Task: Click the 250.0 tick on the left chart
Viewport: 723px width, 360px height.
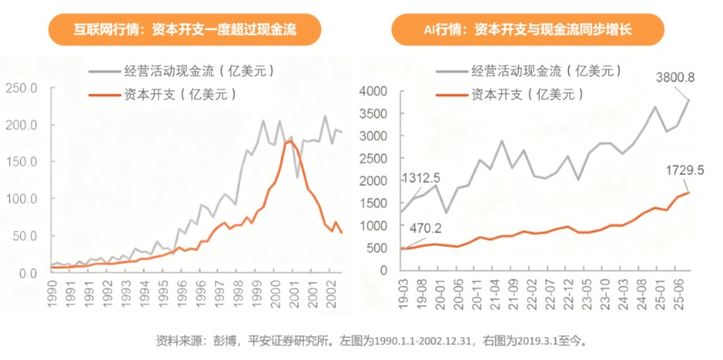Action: pos(23,88)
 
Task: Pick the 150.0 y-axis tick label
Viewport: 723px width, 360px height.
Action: pos(23,162)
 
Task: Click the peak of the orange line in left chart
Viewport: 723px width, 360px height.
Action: pos(290,141)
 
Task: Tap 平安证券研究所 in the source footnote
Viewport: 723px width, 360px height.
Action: pos(288,341)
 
